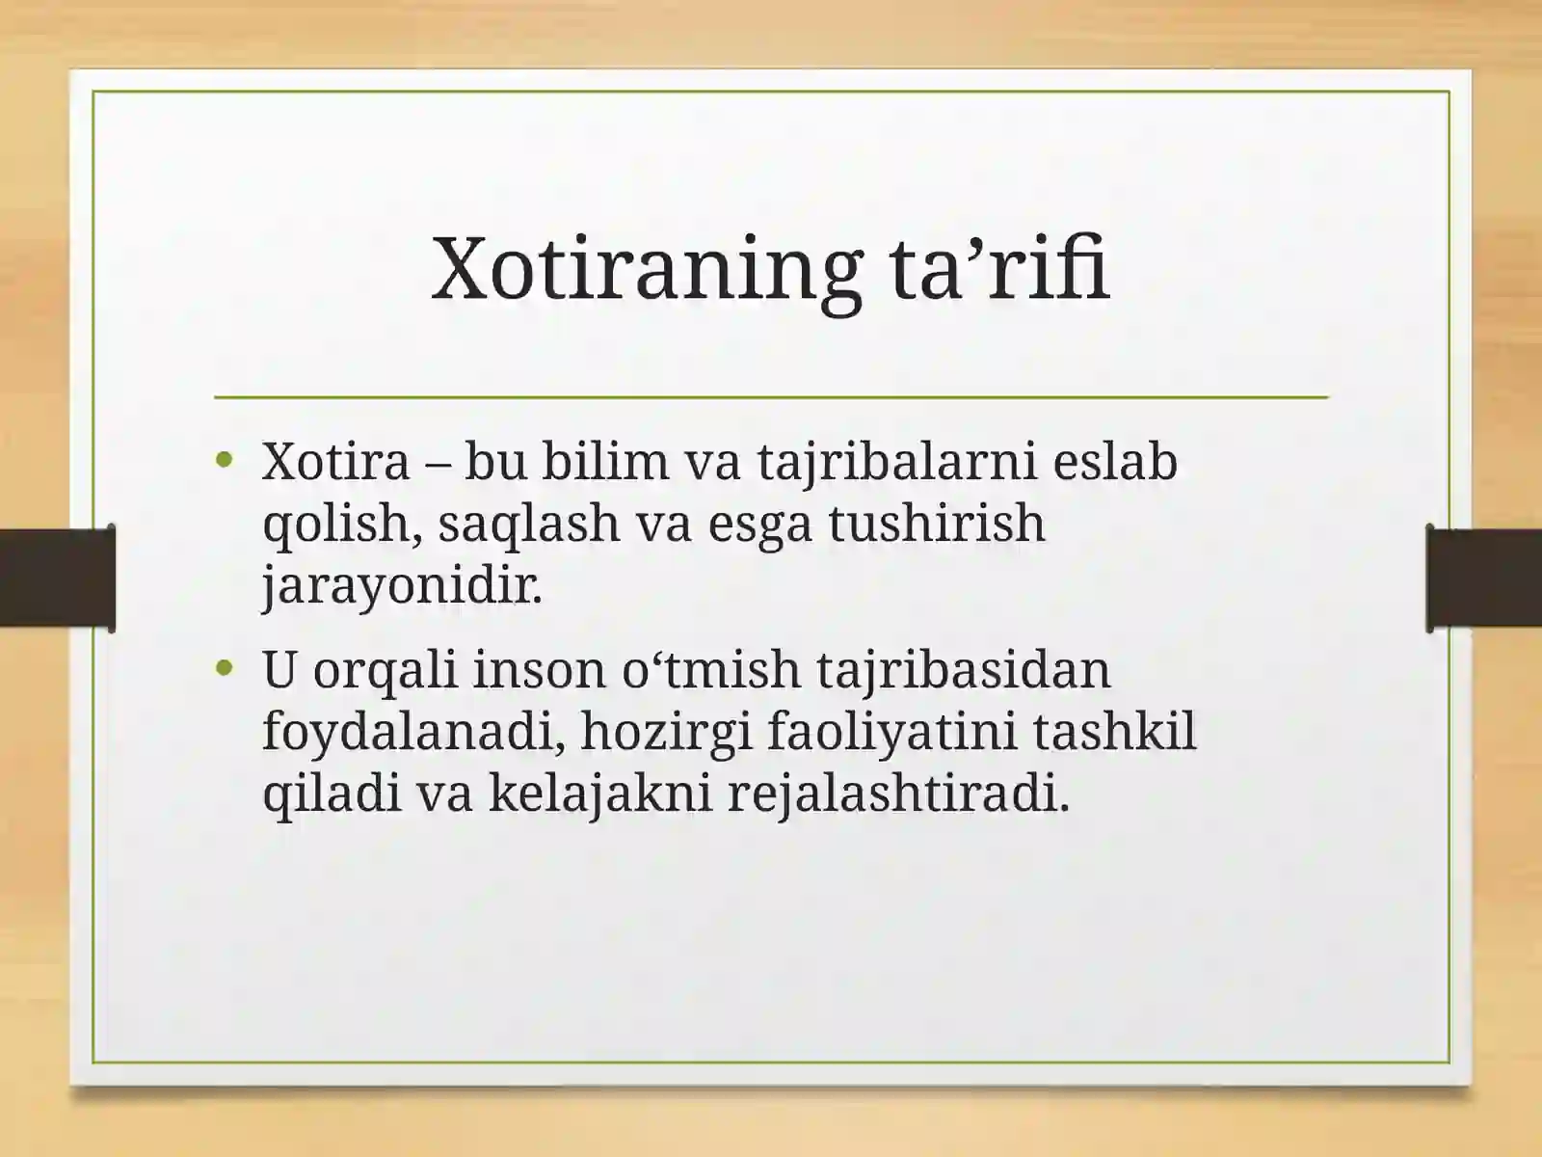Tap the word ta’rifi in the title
[999, 267]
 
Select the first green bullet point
[225, 461]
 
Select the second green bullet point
[225, 668]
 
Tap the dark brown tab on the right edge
[1483, 578]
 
